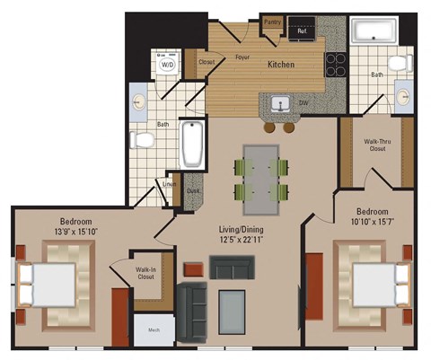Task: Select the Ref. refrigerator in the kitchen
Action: (x=303, y=31)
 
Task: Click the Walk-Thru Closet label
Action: (x=375, y=145)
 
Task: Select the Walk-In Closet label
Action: (x=146, y=273)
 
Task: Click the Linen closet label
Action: (x=168, y=186)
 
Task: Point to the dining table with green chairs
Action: (x=261, y=176)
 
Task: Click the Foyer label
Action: (x=242, y=57)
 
